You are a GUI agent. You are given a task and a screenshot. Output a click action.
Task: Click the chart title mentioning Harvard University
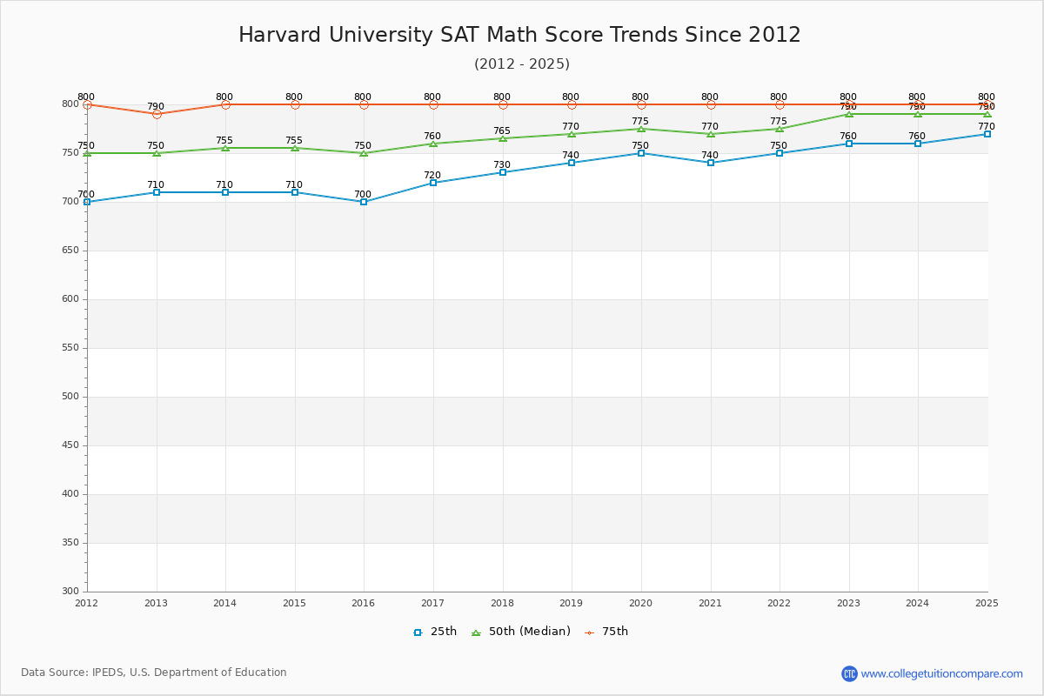pyautogui.click(x=519, y=36)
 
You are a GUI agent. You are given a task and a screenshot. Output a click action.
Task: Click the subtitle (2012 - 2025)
pyautogui.click(x=521, y=64)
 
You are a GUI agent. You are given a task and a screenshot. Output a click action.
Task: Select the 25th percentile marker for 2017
pyautogui.click(x=433, y=183)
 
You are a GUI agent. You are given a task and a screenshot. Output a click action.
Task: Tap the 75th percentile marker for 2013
pyautogui.click(x=157, y=114)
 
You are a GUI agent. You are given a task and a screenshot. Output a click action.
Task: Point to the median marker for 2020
pyautogui.click(x=641, y=129)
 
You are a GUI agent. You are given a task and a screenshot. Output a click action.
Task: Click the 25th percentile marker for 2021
pyautogui.click(x=711, y=163)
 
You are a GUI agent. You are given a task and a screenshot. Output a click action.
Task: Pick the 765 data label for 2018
pyautogui.click(x=502, y=131)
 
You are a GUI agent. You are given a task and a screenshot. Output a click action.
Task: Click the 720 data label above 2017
pyautogui.click(x=432, y=176)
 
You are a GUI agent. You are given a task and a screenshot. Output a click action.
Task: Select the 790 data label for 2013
pyautogui.click(x=155, y=107)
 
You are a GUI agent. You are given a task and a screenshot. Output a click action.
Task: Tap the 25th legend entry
pyautogui.click(x=435, y=632)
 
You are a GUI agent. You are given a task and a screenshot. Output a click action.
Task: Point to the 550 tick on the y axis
pyautogui.click(x=69, y=348)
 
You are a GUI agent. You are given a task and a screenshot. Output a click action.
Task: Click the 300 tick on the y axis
pyautogui.click(x=69, y=592)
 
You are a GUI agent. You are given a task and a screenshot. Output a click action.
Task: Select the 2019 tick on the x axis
pyautogui.click(x=571, y=603)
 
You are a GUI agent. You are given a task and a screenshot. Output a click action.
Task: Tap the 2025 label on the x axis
pyautogui.click(x=987, y=603)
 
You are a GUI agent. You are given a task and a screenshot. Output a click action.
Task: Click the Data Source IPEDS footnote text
pyautogui.click(x=154, y=673)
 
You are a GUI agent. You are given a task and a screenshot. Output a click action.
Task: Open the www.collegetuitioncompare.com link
pyautogui.click(x=941, y=673)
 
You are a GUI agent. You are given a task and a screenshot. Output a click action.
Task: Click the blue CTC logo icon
pyautogui.click(x=849, y=673)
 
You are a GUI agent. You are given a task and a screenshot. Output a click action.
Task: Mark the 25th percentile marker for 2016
pyautogui.click(x=364, y=202)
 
